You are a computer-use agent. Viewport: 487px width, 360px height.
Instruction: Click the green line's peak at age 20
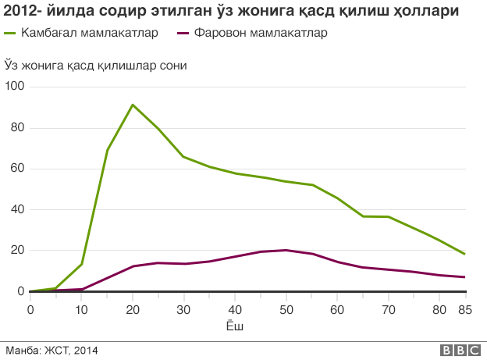point(133,105)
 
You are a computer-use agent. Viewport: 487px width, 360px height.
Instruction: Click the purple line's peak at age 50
point(286,250)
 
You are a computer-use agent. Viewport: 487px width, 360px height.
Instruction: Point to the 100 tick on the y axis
point(15,86)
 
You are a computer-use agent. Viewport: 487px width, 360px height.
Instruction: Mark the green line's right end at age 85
point(465,254)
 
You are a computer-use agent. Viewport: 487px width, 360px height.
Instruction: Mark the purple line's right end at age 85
point(465,277)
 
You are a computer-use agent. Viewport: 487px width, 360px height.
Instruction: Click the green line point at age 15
point(107,150)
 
